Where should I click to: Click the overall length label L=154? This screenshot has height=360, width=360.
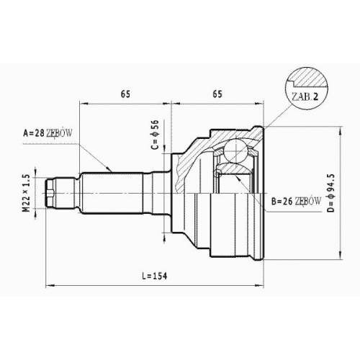pyautogui.click(x=154, y=276)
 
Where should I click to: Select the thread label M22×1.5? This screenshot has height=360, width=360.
pyautogui.click(x=27, y=193)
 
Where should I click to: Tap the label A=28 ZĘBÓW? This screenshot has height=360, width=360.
pyautogui.click(x=48, y=132)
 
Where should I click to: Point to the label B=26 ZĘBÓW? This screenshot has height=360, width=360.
pyautogui.click(x=296, y=202)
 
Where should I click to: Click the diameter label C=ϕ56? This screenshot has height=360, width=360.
pyautogui.click(x=156, y=135)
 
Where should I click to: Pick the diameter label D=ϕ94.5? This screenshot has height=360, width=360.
pyautogui.click(x=331, y=193)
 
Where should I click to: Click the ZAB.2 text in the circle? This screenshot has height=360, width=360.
pyautogui.click(x=305, y=96)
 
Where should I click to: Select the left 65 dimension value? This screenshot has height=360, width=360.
pyautogui.click(x=125, y=94)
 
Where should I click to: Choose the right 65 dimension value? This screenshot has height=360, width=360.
pyautogui.click(x=217, y=94)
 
